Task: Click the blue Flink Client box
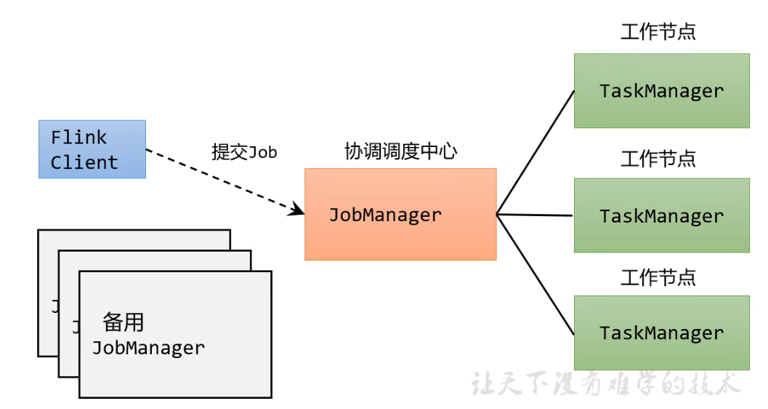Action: pyautogui.click(x=92, y=149)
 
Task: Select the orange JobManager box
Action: pyautogui.click(x=400, y=215)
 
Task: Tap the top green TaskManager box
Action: pyautogui.click(x=661, y=91)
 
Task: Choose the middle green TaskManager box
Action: pyautogui.click(x=661, y=216)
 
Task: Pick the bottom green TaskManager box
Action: pyautogui.click(x=661, y=333)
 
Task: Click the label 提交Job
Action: pyautogui.click(x=244, y=152)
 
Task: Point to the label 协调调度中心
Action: pyautogui.click(x=400, y=151)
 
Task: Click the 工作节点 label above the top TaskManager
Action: pyautogui.click(x=658, y=32)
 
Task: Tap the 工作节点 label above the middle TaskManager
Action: pyautogui.click(x=658, y=158)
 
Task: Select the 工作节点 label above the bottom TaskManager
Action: pyautogui.click(x=658, y=277)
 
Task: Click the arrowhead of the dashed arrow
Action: pyautogui.click(x=298, y=210)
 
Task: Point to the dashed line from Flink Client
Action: pyautogui.click(x=218, y=180)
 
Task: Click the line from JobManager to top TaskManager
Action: pyautogui.click(x=535, y=153)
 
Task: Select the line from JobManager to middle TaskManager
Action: pyautogui.click(x=535, y=215)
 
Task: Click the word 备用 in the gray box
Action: pyautogui.click(x=123, y=321)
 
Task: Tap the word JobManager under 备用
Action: pyautogui.click(x=148, y=348)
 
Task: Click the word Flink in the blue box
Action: pyautogui.click(x=78, y=138)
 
